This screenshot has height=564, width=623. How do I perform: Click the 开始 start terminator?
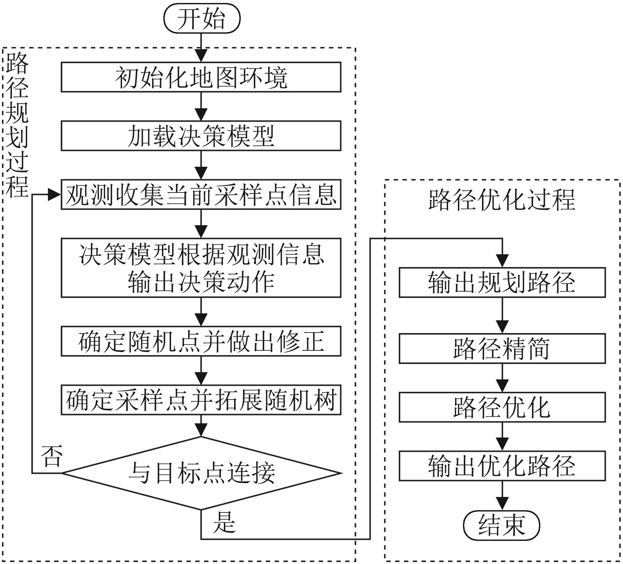point(202,18)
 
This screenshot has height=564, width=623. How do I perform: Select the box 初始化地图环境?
point(201,77)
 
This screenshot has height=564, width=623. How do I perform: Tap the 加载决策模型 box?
point(201,136)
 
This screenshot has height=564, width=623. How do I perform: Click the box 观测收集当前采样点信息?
point(201,194)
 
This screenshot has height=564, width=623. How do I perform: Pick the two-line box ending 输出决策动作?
point(201,268)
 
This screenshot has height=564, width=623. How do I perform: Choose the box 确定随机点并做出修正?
point(201,341)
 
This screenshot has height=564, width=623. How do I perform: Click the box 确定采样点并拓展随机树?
point(201,400)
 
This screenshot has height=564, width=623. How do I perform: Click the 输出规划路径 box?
point(502,283)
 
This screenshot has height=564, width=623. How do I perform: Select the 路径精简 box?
point(502,348)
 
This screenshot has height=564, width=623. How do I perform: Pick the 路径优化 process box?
point(502,407)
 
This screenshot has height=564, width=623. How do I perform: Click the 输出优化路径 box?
point(502,466)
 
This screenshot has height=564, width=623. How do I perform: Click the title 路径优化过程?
point(502,200)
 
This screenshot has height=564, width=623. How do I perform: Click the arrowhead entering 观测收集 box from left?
point(55,194)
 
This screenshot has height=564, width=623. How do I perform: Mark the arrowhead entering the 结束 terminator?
point(502,503)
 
